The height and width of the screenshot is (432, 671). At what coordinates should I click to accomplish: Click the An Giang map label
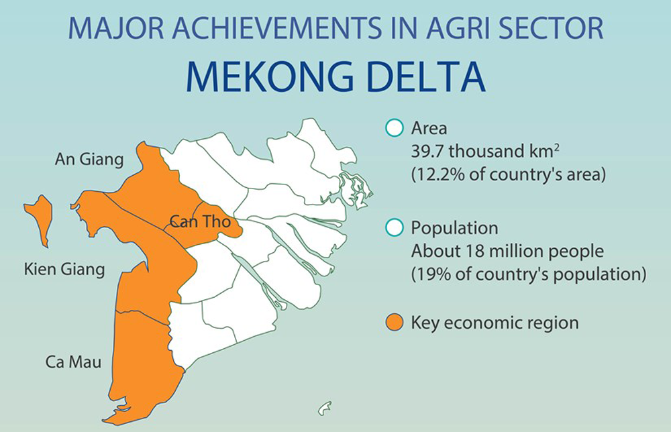coord(89,160)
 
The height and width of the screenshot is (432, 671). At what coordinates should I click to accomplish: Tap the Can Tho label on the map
coord(200,221)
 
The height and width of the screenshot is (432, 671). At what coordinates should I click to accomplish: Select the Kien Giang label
coord(64,270)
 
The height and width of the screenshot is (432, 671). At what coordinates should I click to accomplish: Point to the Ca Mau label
coord(74,362)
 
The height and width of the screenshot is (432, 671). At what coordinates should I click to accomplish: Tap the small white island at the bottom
coord(325,409)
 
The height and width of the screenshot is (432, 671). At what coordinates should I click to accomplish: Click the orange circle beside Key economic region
coord(394,323)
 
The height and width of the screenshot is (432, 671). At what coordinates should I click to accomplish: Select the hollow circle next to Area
coord(394,128)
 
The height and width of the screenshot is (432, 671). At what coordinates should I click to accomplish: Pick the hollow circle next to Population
coord(394,227)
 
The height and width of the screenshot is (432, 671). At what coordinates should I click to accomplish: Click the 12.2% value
coord(437,175)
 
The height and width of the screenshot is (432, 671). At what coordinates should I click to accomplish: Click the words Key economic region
coord(495,323)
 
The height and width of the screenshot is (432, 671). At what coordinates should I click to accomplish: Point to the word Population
coord(454,228)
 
